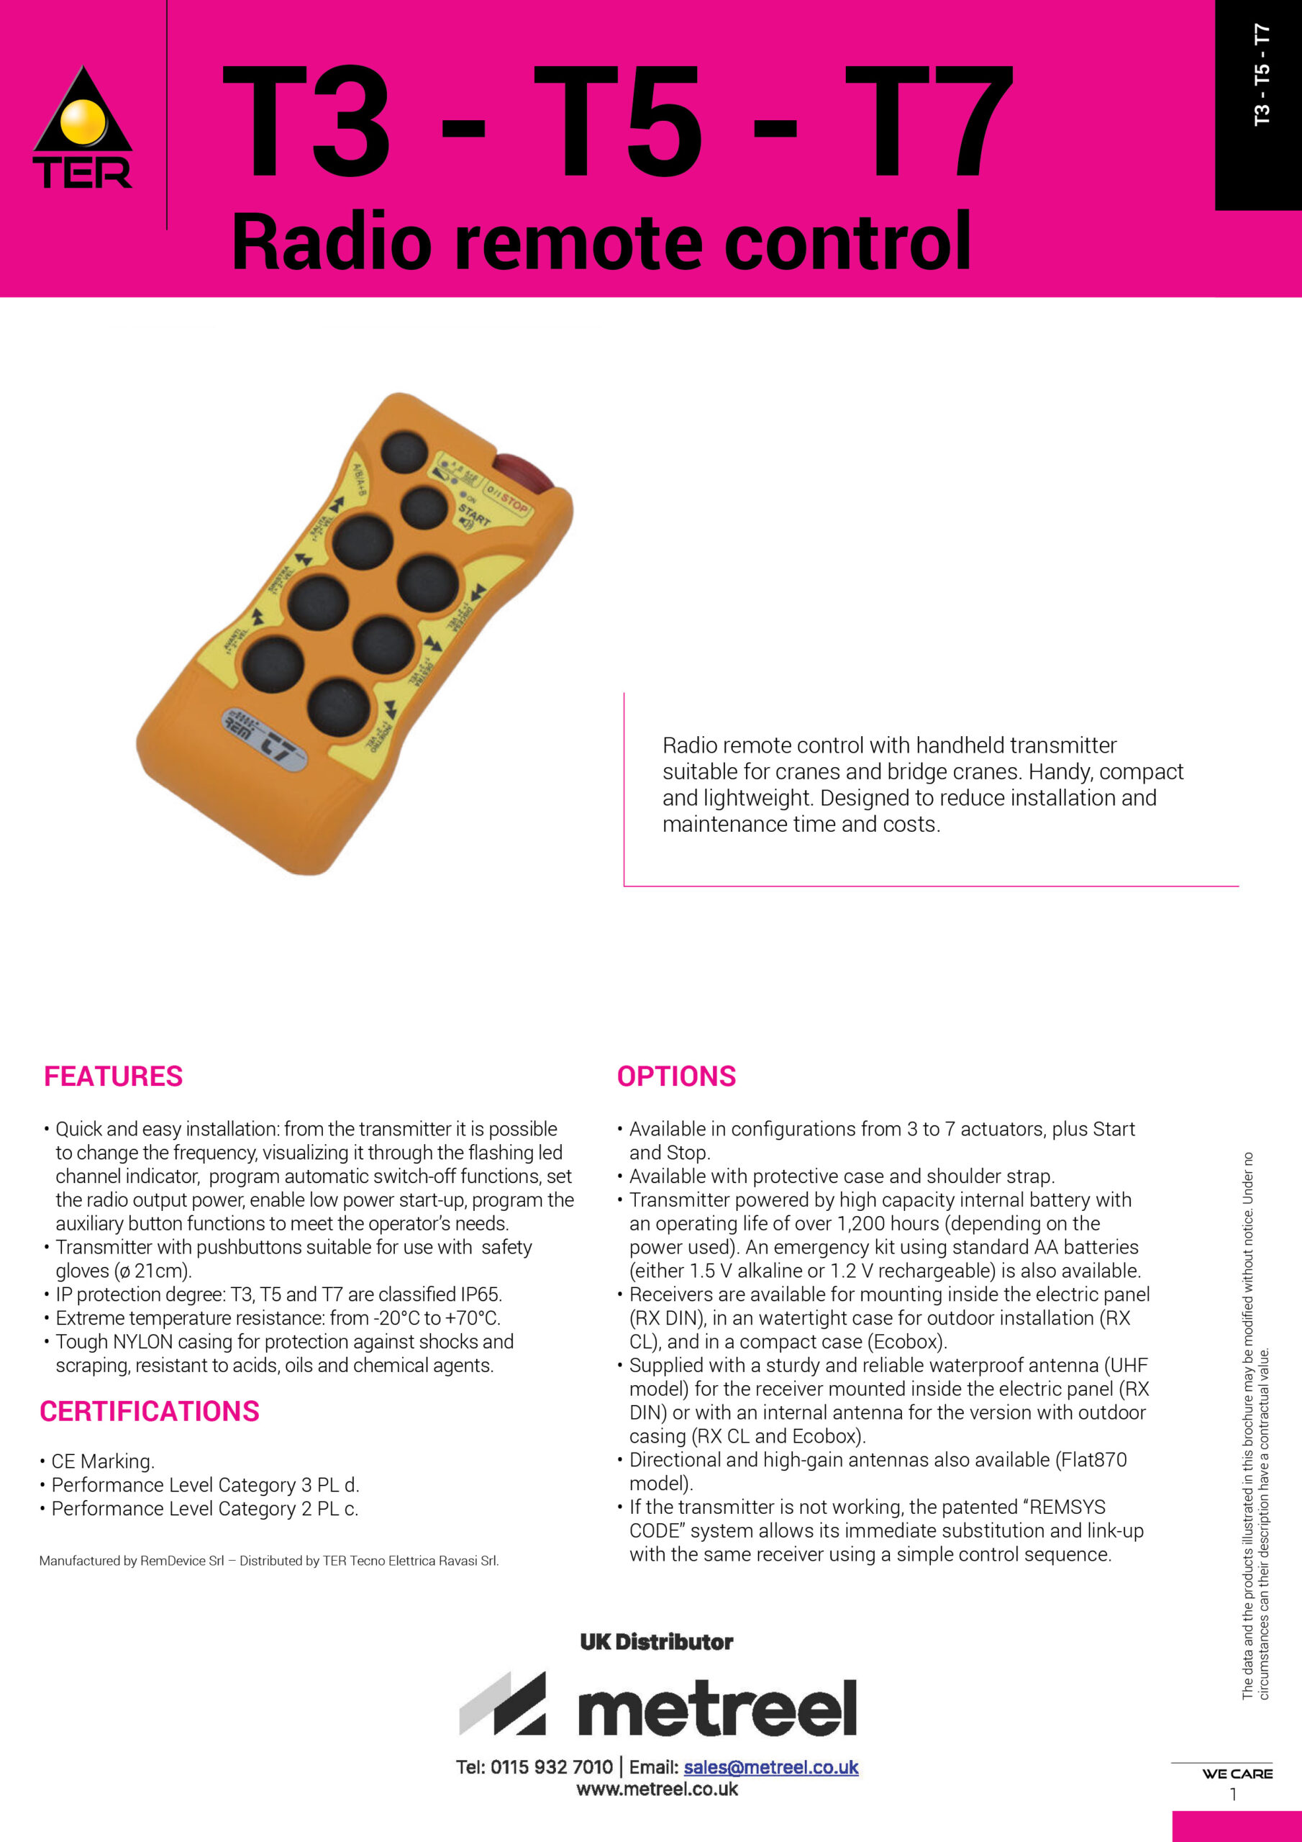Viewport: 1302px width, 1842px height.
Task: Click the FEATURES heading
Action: (113, 1076)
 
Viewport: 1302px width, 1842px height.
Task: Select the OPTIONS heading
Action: (676, 1076)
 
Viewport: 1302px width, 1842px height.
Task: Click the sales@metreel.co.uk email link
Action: (771, 1766)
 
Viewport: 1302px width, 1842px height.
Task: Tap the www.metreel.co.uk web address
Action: (657, 1789)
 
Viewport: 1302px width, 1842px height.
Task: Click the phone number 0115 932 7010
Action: (551, 1766)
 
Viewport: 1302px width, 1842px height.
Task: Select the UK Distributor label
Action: (656, 1641)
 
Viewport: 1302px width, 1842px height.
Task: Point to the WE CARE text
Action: (1237, 1774)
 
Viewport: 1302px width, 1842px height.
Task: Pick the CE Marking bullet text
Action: (103, 1461)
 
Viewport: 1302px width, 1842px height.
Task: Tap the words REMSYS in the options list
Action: (1065, 1507)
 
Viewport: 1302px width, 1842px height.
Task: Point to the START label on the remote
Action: (474, 514)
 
